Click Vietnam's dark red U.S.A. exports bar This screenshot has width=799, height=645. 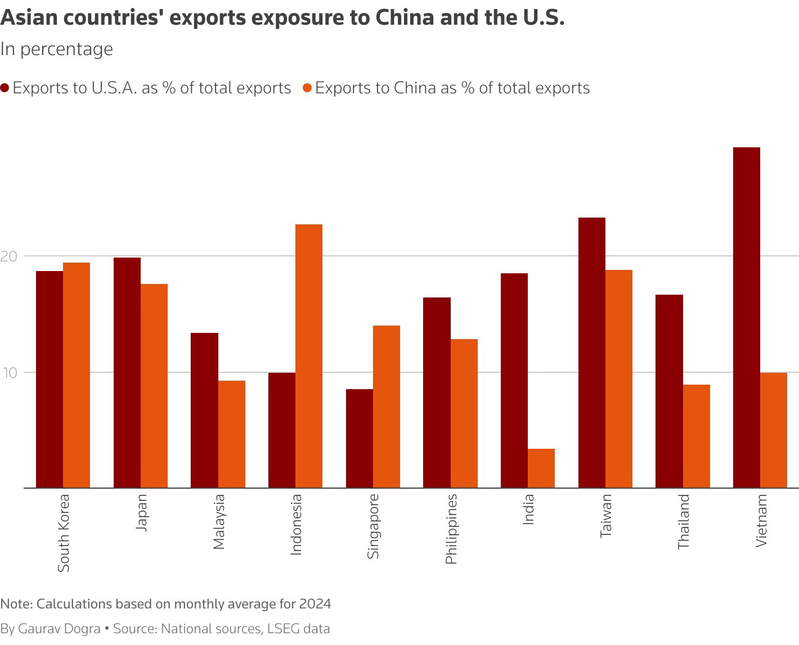[746, 318]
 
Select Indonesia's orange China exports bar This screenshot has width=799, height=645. [309, 356]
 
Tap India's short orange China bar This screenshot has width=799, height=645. [541, 468]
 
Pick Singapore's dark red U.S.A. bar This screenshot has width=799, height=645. [359, 439]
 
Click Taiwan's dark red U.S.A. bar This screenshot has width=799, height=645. [592, 353]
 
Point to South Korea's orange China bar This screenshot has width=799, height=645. [77, 375]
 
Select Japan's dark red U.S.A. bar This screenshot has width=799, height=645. [127, 373]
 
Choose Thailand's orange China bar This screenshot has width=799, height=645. [697, 436]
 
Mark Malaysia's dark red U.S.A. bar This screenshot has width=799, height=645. [204, 411]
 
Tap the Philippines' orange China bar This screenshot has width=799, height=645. [464, 413]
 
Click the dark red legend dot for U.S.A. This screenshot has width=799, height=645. [5, 88]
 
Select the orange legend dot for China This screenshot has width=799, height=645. [307, 88]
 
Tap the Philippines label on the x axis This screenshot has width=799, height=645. [451, 529]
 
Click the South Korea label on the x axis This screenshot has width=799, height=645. [64, 533]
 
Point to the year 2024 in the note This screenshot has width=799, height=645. [315, 604]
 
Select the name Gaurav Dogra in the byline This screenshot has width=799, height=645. [60, 629]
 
